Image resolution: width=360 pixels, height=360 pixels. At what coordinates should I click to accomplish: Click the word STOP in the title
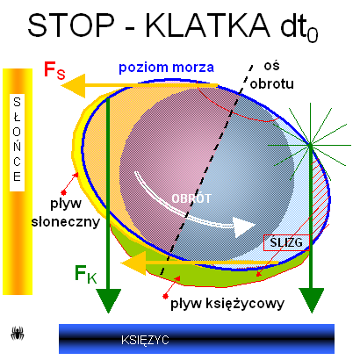[71, 25]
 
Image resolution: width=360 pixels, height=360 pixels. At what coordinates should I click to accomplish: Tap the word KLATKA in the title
[207, 25]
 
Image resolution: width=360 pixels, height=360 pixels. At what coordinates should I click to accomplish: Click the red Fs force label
[54, 70]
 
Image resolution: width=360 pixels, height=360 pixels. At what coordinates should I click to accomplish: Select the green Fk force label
[85, 274]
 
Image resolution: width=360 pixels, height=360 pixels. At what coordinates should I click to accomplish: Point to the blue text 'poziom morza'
[166, 68]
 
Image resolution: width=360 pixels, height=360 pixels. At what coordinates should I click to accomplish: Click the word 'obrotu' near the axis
[271, 84]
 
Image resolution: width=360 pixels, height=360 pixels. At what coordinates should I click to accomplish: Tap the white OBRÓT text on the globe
[191, 198]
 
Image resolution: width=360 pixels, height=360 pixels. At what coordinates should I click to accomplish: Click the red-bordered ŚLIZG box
[286, 242]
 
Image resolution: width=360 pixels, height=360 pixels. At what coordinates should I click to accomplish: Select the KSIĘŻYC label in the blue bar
[145, 340]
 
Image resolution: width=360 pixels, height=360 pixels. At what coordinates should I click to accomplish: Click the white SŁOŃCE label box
[17, 142]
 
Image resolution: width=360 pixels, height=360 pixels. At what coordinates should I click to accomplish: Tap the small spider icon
[18, 334]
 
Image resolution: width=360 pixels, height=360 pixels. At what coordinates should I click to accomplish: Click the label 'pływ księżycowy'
[227, 304]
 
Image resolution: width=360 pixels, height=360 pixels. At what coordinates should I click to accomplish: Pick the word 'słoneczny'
[66, 221]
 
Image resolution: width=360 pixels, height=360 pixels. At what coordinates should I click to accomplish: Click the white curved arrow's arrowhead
[245, 227]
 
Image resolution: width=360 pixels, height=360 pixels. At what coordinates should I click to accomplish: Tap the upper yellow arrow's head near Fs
[73, 86]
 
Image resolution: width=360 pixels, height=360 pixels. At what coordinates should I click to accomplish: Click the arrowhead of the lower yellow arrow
[133, 263]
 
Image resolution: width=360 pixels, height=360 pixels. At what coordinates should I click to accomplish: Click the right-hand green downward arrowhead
[311, 300]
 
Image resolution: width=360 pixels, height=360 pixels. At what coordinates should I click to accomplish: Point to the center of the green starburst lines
[310, 144]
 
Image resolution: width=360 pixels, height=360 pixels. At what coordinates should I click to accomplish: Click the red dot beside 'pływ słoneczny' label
[63, 192]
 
